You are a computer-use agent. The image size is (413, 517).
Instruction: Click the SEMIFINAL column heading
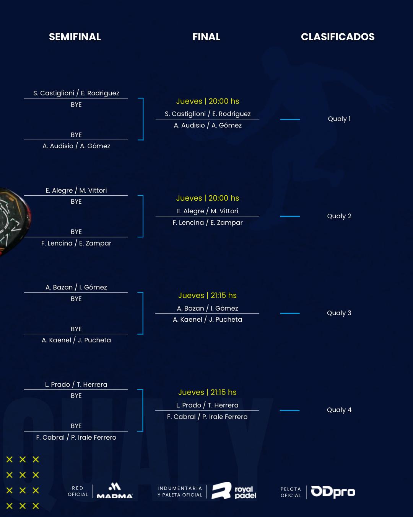tap(75, 37)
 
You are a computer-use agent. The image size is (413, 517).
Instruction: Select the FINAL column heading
tap(206, 37)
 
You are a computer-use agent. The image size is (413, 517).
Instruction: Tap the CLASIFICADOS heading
tap(338, 37)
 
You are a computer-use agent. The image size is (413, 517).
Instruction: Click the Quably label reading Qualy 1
tap(339, 119)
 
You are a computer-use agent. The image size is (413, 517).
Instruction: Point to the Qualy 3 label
tap(339, 313)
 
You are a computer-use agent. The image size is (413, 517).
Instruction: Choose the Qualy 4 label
tap(339, 410)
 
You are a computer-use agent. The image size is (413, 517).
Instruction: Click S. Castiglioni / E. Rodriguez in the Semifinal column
tap(76, 93)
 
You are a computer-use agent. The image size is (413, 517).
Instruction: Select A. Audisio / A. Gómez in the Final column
tap(208, 125)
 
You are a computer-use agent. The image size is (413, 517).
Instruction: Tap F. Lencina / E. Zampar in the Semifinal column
tap(76, 243)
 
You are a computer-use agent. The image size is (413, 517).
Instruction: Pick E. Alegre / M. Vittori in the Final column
tap(208, 211)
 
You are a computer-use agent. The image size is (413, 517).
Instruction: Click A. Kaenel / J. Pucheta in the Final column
tap(208, 319)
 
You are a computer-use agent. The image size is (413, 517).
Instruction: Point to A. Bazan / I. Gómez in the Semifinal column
tap(76, 287)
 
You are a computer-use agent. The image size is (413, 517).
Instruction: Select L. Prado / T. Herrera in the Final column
tap(207, 405)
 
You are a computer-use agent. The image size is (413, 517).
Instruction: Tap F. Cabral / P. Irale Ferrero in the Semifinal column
tap(76, 437)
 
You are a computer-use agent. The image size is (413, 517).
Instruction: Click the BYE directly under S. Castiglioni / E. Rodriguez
tap(76, 105)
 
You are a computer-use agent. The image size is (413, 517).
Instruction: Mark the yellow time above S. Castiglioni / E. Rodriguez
tap(208, 101)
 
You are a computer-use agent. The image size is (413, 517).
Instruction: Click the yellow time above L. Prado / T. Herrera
tap(207, 392)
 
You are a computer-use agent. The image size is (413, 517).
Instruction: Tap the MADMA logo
tap(114, 491)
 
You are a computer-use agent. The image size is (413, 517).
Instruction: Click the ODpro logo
tap(333, 492)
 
